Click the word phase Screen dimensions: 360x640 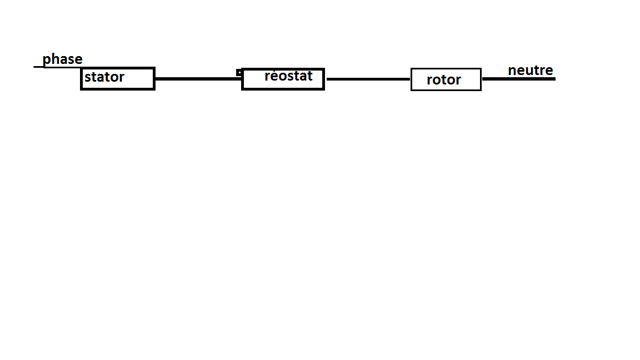(x=62, y=59)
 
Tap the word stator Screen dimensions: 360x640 (x=104, y=77)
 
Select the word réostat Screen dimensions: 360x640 (x=288, y=76)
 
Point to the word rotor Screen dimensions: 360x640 (x=443, y=80)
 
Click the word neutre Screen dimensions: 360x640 (x=531, y=71)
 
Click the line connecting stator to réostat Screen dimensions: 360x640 (x=198, y=79)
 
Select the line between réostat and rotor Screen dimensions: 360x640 (x=368, y=79)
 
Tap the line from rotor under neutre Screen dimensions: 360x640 (x=518, y=79)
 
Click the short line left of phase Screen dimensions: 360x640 (x=38, y=67)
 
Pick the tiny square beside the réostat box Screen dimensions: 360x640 (x=239, y=72)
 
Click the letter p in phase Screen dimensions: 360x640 (x=47, y=61)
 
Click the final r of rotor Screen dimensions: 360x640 (x=458, y=81)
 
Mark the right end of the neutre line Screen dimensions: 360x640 (x=553, y=79)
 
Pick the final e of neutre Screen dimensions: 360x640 (x=549, y=71)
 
